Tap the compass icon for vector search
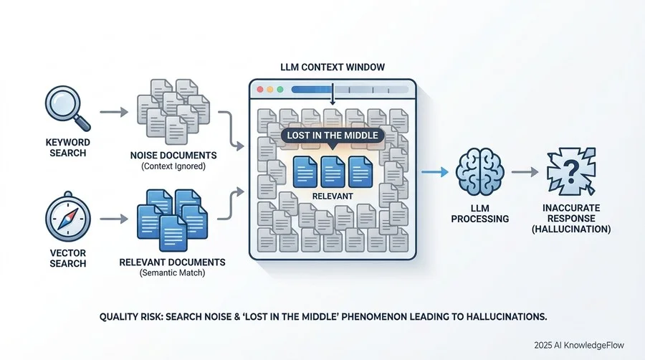68,217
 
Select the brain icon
479,172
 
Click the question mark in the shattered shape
571,171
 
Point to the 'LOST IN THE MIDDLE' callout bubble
333,136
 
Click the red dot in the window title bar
260,89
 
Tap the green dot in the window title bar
280,89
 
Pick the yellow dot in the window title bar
270,89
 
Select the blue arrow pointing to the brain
435,172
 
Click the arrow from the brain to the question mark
525,172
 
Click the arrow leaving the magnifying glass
114,111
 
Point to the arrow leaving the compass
114,219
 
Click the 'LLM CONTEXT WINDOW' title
333,67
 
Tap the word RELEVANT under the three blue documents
333,196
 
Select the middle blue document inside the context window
333,171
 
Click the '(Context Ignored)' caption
173,166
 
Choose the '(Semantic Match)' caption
172,273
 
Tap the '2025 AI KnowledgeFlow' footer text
579,345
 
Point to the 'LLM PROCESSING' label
479,214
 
